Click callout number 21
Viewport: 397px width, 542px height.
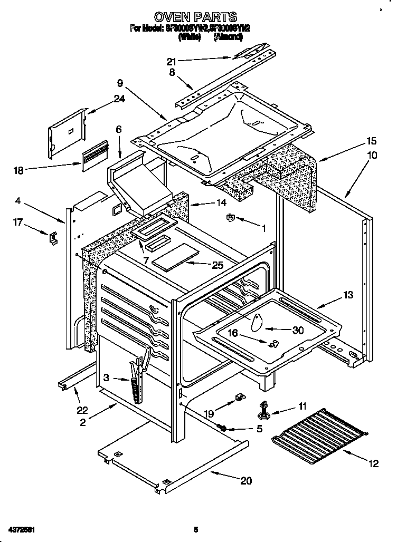171,62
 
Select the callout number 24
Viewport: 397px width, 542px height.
119,99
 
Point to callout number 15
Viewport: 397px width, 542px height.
372,141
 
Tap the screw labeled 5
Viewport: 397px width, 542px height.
223,428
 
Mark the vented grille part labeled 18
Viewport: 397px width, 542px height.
94,156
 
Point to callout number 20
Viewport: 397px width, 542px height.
246,480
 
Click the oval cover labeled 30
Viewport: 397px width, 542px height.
257,322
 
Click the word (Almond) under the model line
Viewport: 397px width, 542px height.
228,37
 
